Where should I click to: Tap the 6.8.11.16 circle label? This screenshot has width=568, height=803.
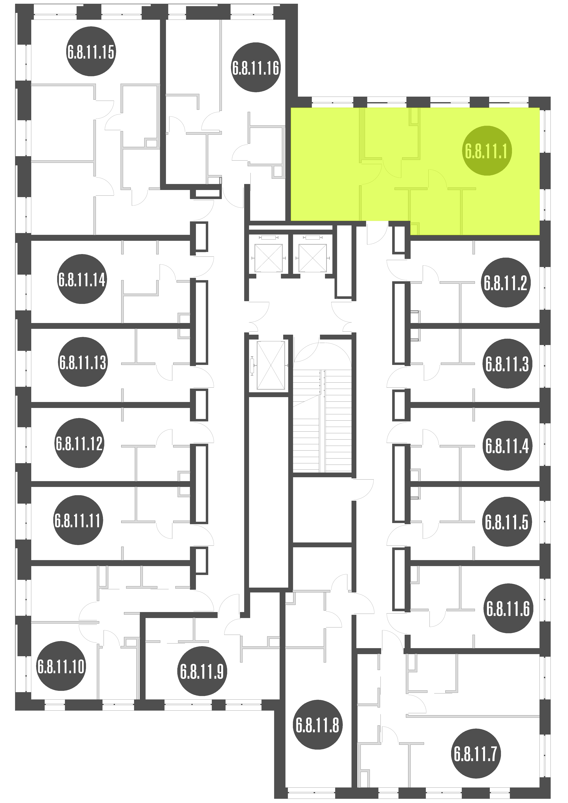pyautogui.click(x=256, y=67)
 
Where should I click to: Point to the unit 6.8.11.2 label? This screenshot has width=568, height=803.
pyautogui.click(x=506, y=283)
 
